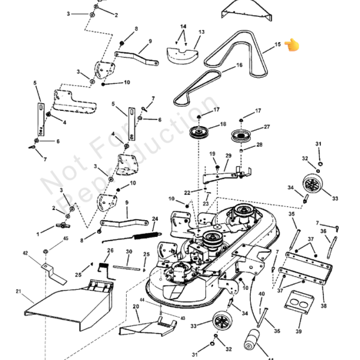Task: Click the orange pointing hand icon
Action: coord(292,45)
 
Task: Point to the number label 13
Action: coord(202,32)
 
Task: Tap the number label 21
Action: coord(18,292)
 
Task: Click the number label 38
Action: coord(323,306)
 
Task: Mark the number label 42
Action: coord(25,253)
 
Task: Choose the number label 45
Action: coord(65,239)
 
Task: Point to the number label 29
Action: coord(228,156)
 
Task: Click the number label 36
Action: coord(323,232)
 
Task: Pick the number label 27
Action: coord(267,127)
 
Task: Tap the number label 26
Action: coord(110,251)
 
